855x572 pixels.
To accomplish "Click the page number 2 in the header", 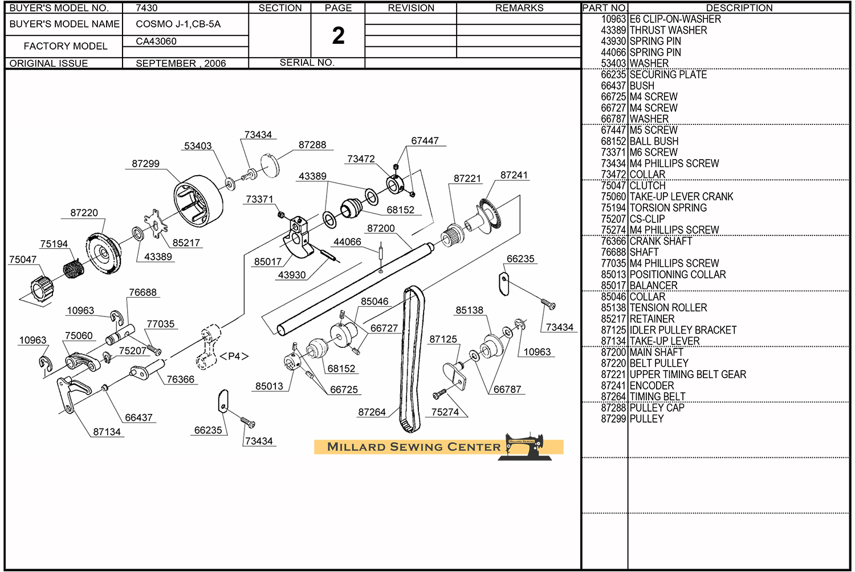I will coord(338,36).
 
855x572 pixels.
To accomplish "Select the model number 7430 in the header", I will coord(146,8).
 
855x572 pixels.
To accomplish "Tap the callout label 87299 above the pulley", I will coord(146,164).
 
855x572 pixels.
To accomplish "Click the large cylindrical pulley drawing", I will coord(198,200).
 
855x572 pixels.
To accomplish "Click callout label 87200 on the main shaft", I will coord(381,228).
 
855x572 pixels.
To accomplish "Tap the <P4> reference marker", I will coord(234,356).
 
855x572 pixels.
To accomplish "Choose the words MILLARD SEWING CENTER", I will coord(414,447).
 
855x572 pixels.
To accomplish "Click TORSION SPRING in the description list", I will coord(667,208).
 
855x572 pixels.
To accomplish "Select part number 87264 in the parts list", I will coord(613,397).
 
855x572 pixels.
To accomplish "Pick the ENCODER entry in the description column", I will coord(652,386).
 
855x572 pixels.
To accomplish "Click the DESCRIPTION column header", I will coord(739,8).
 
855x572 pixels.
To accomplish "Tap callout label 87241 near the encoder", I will coord(514,175).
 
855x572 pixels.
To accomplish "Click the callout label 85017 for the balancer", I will coord(268,262).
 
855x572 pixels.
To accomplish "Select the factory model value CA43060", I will coord(156,41).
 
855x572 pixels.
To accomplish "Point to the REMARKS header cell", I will coord(519,8).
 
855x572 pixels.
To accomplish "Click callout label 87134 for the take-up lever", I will coord(107,432).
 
